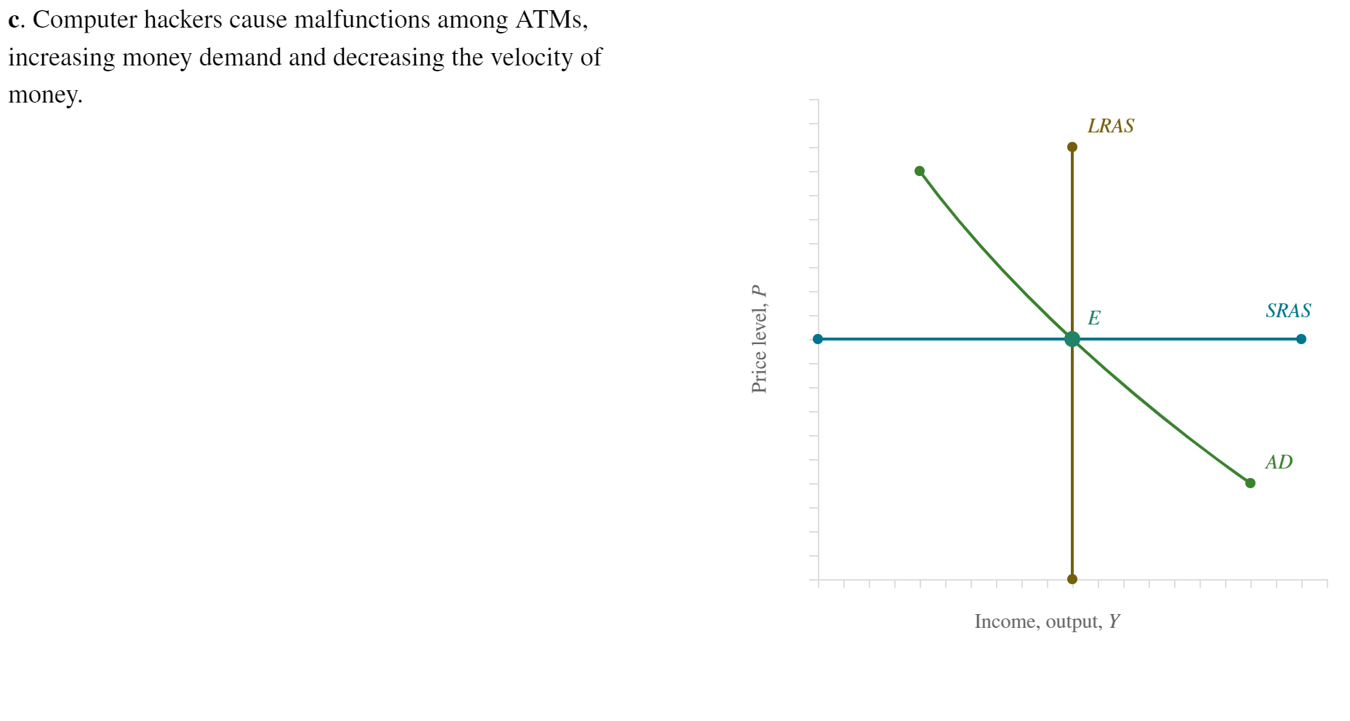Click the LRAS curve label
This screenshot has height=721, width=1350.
click(x=1110, y=126)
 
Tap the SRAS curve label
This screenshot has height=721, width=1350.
click(x=1287, y=311)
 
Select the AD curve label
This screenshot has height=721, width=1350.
click(x=1278, y=462)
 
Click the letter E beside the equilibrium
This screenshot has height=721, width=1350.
click(x=1093, y=318)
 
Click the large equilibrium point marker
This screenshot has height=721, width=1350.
click(x=1072, y=339)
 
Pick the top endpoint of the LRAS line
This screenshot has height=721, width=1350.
click(x=1072, y=147)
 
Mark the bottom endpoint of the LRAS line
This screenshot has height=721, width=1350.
click(x=1072, y=579)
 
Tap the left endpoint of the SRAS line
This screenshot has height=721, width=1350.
click(x=818, y=339)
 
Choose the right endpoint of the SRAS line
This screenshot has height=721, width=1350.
click(x=1301, y=339)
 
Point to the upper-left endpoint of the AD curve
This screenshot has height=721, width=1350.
click(x=920, y=171)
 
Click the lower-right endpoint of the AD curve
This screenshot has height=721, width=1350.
click(x=1250, y=483)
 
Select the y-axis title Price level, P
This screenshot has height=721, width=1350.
click(x=759, y=339)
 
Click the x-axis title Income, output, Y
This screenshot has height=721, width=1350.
click(x=1047, y=621)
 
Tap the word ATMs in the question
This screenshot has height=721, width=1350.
click(x=551, y=20)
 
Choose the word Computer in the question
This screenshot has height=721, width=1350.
click(x=84, y=20)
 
